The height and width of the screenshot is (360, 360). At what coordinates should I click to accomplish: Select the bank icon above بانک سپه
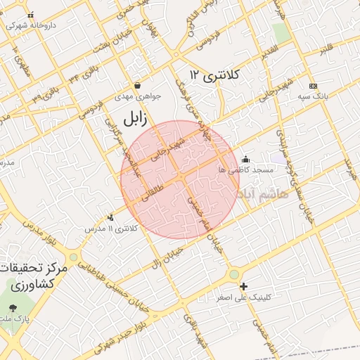[x=313, y=85]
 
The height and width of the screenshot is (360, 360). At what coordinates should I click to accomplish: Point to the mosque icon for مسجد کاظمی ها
[x=245, y=159]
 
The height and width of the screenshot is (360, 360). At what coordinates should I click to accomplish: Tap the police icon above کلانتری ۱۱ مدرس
[x=110, y=217]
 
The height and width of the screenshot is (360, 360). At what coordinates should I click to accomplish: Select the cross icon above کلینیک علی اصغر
[x=243, y=286]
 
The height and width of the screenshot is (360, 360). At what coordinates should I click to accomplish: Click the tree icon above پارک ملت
[x=13, y=307]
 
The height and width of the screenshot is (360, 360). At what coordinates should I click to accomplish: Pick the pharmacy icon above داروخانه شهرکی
[x=30, y=14]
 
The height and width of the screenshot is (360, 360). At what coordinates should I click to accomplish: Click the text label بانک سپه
[x=313, y=95]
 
